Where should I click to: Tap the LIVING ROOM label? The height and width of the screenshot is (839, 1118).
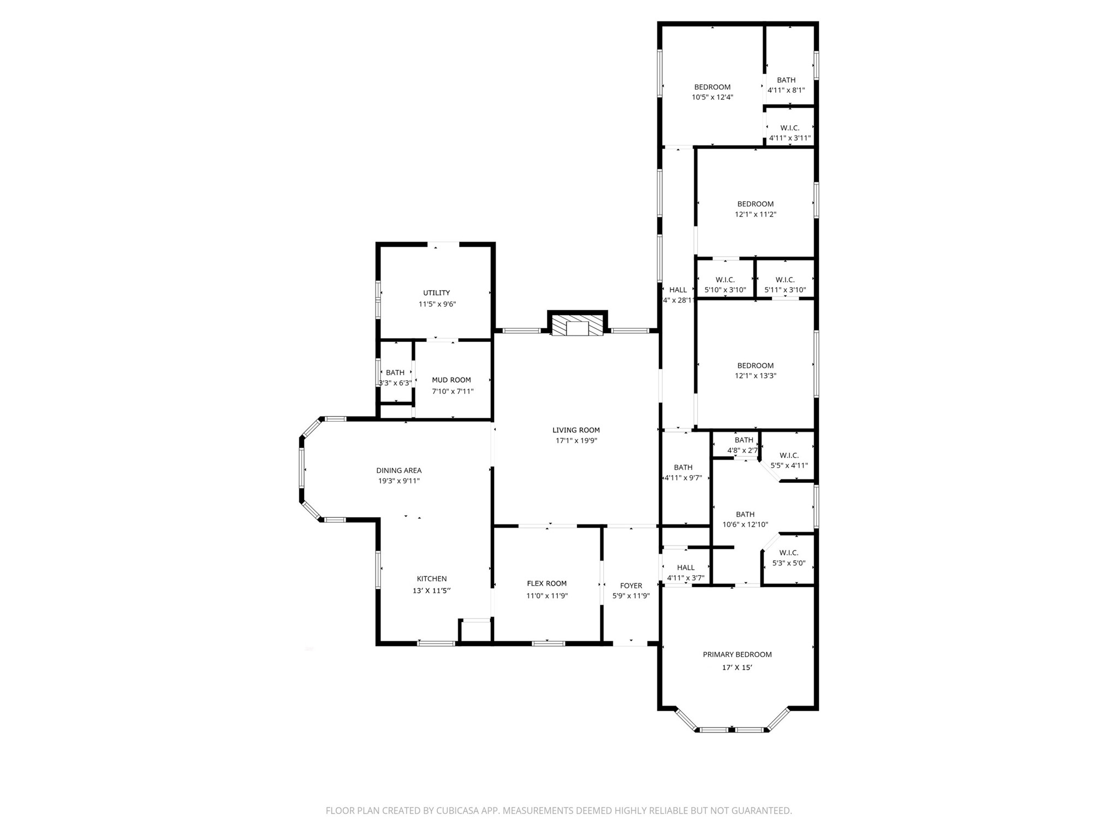(576, 430)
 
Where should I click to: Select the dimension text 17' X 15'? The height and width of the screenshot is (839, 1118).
(737, 667)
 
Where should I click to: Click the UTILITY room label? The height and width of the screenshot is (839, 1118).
(436, 293)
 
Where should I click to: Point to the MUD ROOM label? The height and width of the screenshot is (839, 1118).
(451, 380)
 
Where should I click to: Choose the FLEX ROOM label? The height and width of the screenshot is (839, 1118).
(546, 583)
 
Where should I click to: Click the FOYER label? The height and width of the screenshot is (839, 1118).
(631, 586)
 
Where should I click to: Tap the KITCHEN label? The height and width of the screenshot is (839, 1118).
(432, 578)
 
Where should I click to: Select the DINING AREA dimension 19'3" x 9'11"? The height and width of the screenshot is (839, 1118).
(399, 481)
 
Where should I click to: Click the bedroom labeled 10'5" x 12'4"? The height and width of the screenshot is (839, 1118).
(712, 92)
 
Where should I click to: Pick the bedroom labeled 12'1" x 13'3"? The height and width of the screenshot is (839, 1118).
(755, 370)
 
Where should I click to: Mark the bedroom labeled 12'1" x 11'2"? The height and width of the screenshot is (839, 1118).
(755, 209)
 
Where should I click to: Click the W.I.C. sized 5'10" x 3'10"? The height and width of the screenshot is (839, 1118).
(725, 285)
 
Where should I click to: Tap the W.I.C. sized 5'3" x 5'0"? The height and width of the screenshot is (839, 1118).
(788, 558)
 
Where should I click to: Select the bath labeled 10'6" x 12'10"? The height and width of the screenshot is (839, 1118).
(745, 519)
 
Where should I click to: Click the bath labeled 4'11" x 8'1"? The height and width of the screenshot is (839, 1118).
(786, 85)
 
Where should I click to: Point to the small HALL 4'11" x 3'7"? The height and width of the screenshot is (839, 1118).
(686, 572)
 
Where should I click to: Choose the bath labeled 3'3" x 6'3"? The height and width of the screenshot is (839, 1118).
(395, 377)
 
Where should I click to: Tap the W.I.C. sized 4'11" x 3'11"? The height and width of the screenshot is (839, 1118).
(789, 133)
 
